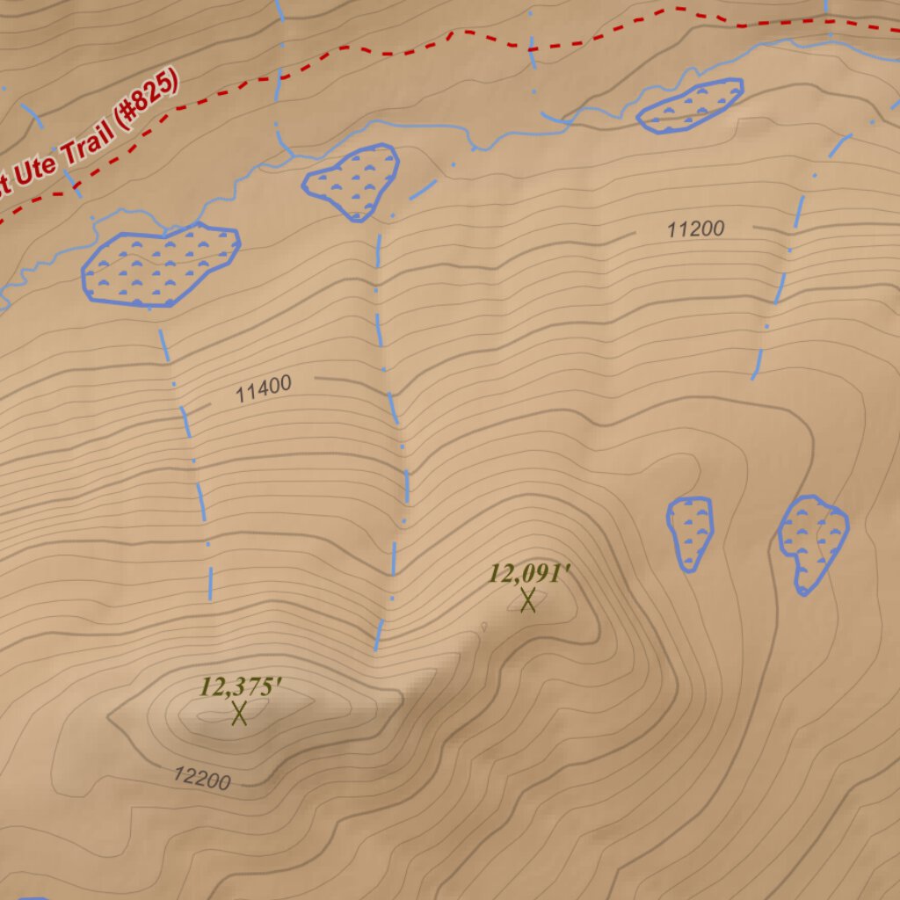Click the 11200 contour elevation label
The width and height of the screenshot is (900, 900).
(x=695, y=229)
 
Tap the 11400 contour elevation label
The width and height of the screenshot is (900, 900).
(x=264, y=388)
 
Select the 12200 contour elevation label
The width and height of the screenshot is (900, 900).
(x=201, y=778)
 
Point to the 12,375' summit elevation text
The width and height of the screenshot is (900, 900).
(x=240, y=686)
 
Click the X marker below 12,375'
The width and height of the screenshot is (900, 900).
(x=239, y=713)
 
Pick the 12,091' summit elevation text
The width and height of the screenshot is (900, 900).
(x=530, y=574)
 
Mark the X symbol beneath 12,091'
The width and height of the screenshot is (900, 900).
(x=527, y=600)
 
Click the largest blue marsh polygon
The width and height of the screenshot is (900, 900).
(x=158, y=266)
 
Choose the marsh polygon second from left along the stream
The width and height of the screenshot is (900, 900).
(x=352, y=181)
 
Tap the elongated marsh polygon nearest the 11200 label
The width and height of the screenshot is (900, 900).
(x=690, y=105)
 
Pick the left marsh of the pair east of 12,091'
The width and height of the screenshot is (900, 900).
(x=690, y=532)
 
